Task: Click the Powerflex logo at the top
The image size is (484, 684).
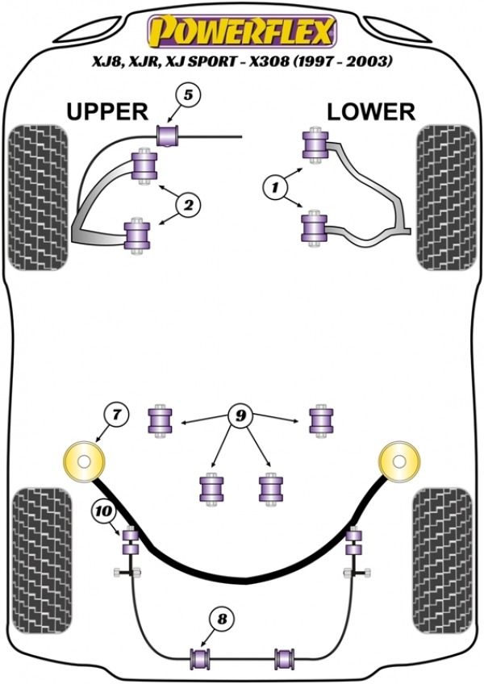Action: pyautogui.click(x=240, y=32)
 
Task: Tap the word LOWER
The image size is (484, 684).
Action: pyautogui.click(x=371, y=111)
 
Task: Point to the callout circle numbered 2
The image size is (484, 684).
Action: pyautogui.click(x=187, y=206)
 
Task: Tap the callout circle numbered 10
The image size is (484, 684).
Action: pyautogui.click(x=103, y=511)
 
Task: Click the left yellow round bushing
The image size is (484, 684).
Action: pyautogui.click(x=85, y=462)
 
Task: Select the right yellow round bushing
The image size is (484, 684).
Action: pyautogui.click(x=399, y=462)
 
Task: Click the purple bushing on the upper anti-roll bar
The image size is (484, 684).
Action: pyautogui.click(x=169, y=134)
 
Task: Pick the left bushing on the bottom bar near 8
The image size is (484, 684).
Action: pyautogui.click(x=198, y=658)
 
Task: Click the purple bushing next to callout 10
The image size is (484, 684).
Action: pyautogui.click(x=129, y=539)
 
